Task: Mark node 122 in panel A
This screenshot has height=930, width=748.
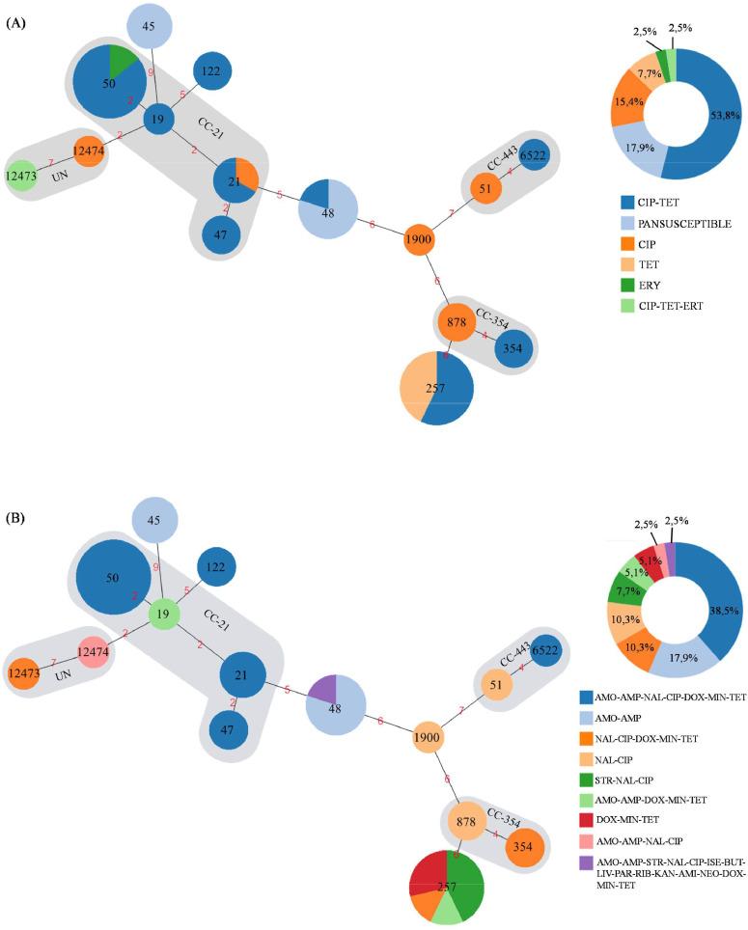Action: [x=212, y=70]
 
